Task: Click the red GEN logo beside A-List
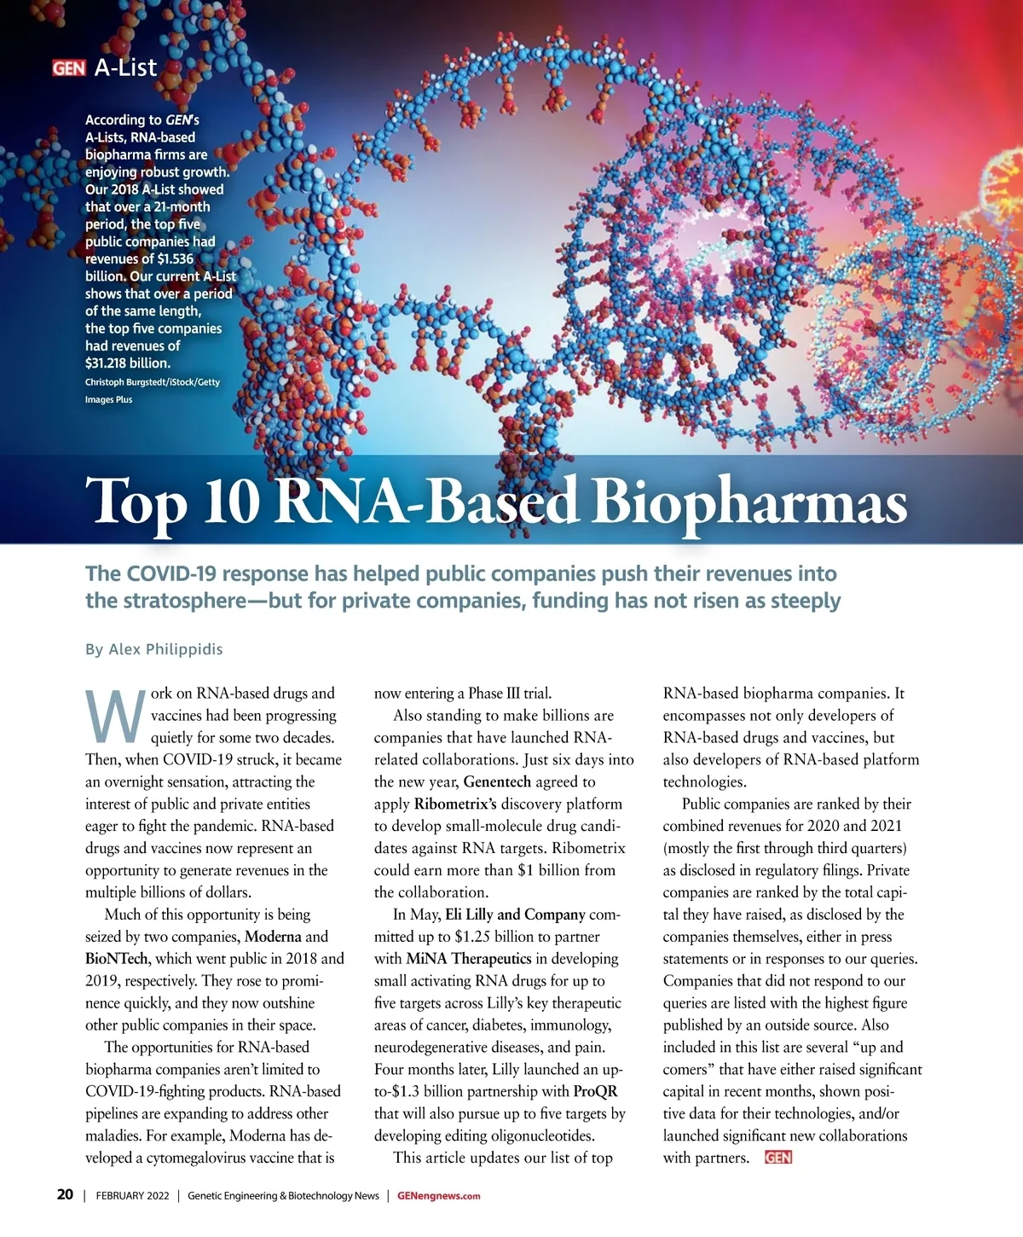[68, 68]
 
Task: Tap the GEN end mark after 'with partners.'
[778, 1158]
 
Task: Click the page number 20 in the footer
[65, 1195]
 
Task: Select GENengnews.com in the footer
[438, 1196]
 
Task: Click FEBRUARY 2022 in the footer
[132, 1196]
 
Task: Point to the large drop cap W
[114, 717]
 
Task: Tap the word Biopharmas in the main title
[748, 502]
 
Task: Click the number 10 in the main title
[231, 502]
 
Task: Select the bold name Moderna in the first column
[273, 937]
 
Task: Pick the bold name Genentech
[497, 781]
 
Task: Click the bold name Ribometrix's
[455, 804]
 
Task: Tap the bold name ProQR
[595, 1091]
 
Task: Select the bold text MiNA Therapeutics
[469, 959]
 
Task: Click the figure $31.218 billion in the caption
[128, 363]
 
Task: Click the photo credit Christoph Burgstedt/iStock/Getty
[153, 382]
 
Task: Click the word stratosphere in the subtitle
[162, 601]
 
